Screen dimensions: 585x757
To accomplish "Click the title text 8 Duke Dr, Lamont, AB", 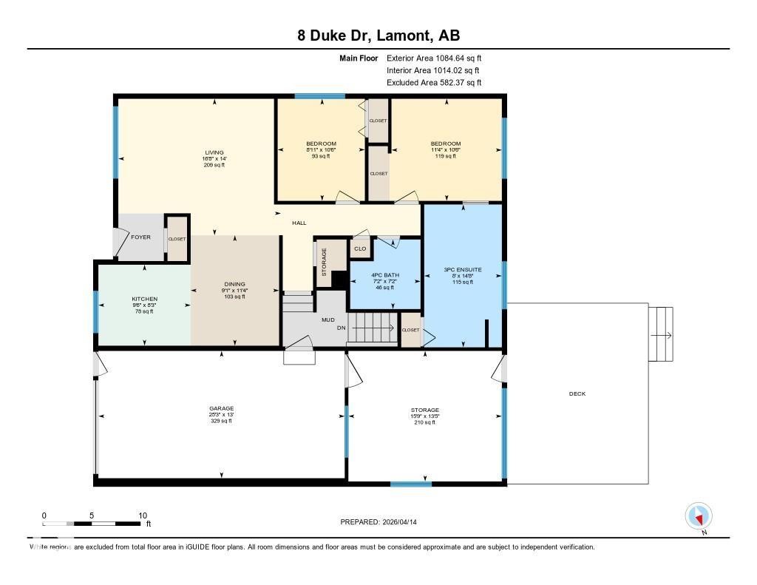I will pos(378,36).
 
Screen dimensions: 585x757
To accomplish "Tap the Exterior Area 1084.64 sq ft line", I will pos(434,58).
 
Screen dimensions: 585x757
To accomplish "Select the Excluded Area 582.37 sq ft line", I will pos(434,83).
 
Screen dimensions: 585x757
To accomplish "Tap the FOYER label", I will pos(140,237).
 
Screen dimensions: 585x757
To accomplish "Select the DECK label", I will pos(577,393).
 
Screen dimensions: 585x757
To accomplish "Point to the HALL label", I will pos(299,223).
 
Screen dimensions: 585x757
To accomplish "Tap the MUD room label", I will pos(327,320).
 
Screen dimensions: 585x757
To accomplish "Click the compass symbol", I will pos(699,515).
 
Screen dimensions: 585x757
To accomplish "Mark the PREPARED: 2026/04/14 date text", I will pos(383,521).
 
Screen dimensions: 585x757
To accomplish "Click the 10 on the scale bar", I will pos(143,515).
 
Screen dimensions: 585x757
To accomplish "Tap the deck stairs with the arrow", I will pos(662,335).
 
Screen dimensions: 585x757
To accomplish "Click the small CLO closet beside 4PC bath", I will pos(360,248).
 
